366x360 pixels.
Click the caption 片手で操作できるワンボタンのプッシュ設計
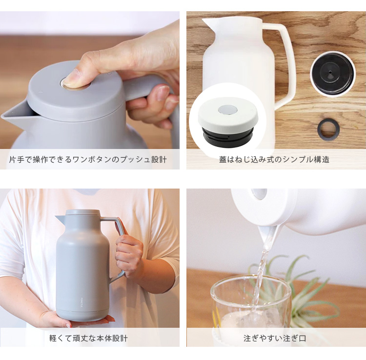88,160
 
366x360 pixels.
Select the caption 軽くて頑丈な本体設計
88,338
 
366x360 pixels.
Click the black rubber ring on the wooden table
328,128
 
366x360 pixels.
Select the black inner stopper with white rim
332,74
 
